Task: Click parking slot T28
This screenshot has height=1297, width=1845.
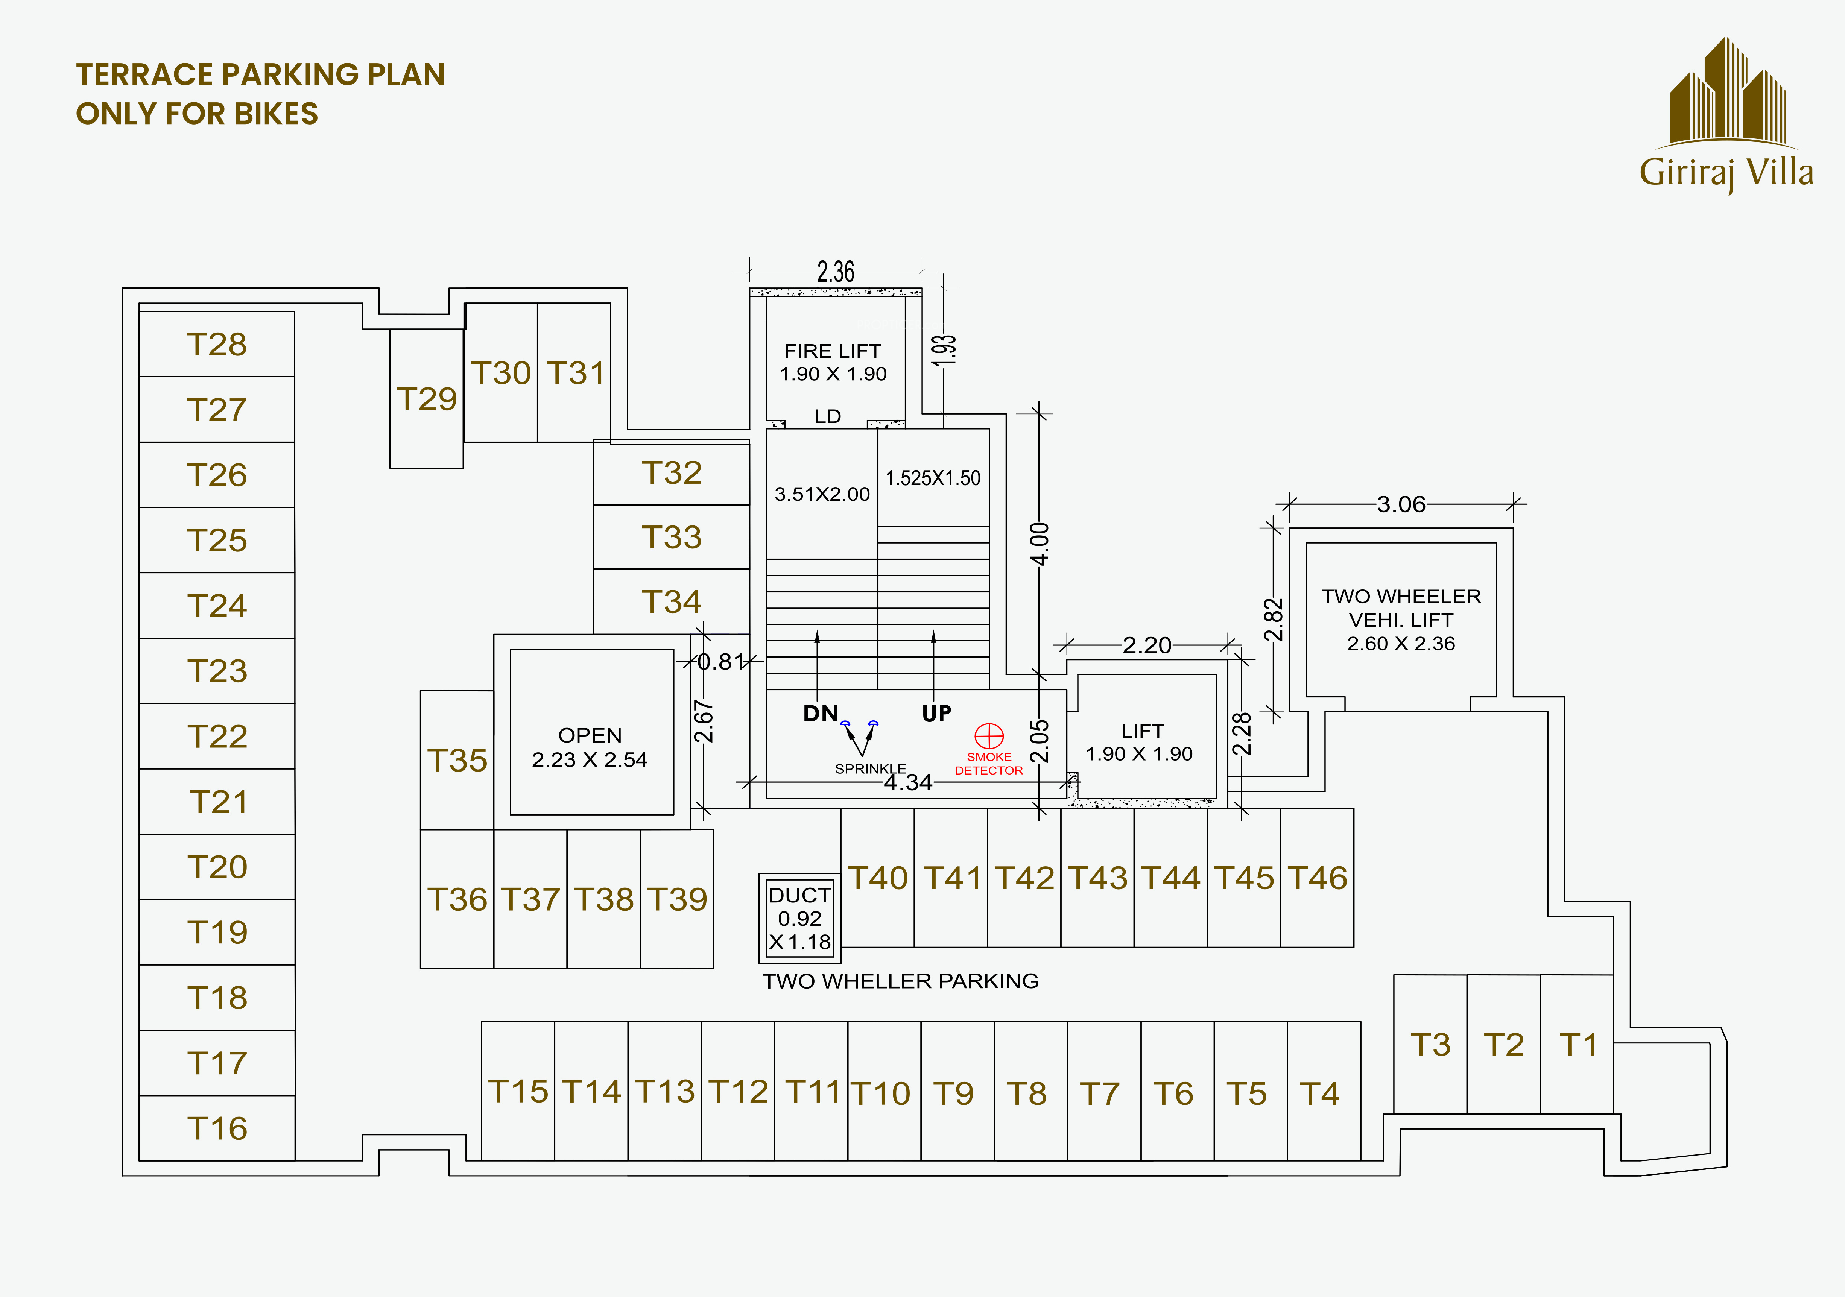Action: pyautogui.click(x=217, y=344)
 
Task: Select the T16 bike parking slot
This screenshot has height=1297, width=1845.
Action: pyautogui.click(x=217, y=1128)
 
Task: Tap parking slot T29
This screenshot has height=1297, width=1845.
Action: pyautogui.click(x=427, y=399)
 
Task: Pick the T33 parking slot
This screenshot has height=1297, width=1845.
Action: pyautogui.click(x=672, y=537)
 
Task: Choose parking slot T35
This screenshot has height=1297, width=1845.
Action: pyautogui.click(x=457, y=760)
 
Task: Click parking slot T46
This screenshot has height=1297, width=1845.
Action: pyautogui.click(x=1317, y=878)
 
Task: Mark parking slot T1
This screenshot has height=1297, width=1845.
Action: pyautogui.click(x=1578, y=1045)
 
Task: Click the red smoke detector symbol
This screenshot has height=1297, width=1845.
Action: pyautogui.click(x=989, y=736)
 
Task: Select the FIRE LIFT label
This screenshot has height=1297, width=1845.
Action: pyautogui.click(x=833, y=351)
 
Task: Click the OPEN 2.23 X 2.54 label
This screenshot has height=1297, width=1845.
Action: pyautogui.click(x=590, y=747)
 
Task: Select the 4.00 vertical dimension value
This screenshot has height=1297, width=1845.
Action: pyautogui.click(x=1040, y=544)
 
